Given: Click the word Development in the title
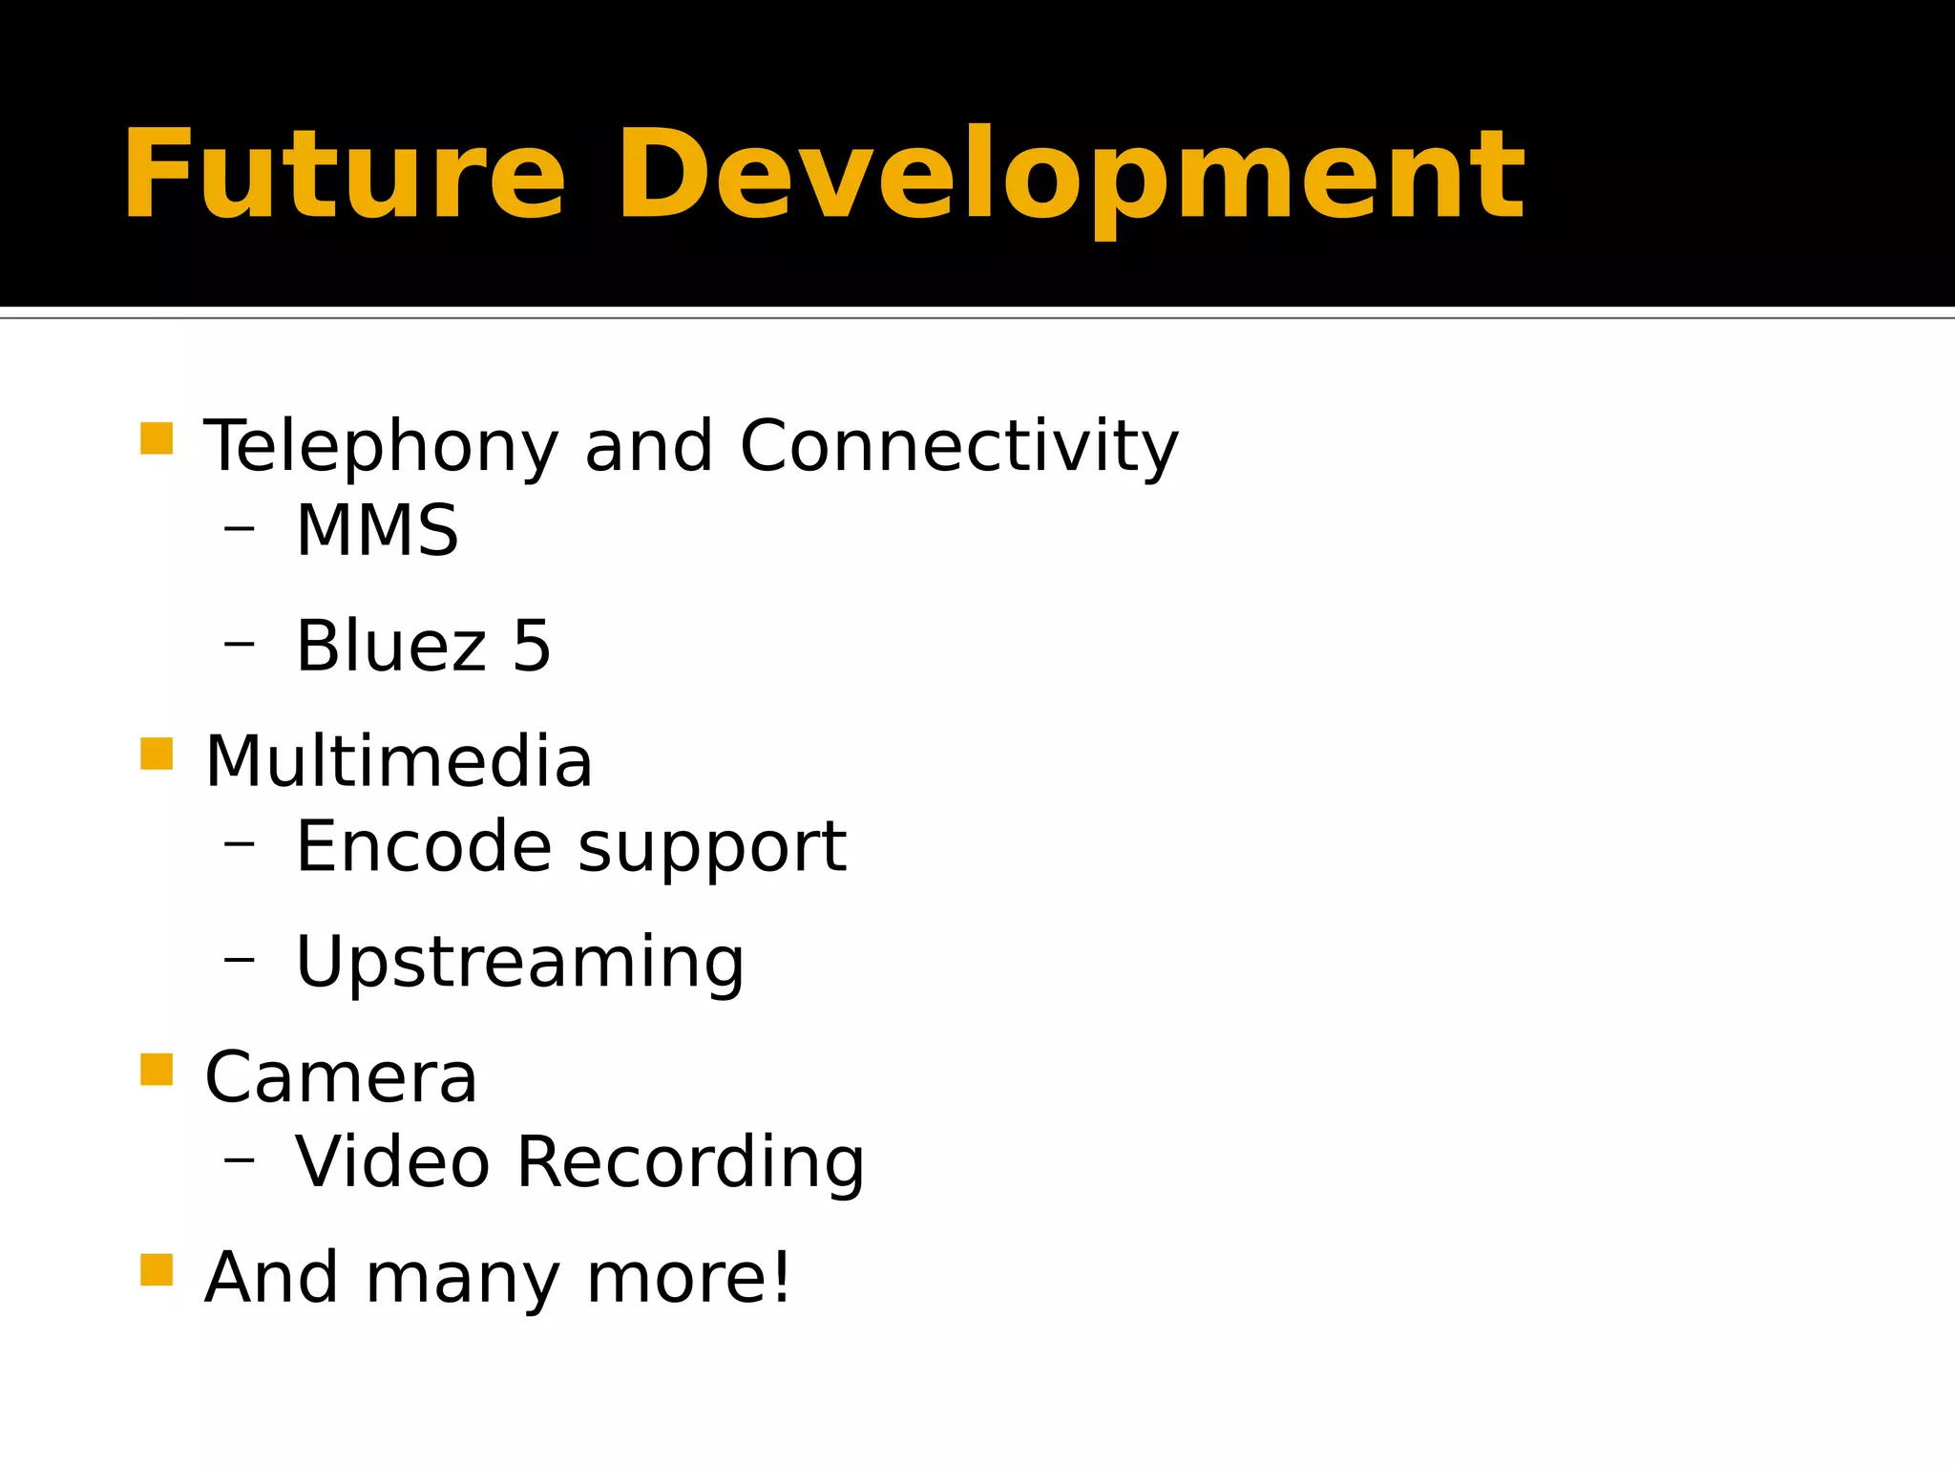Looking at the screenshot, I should click(1070, 177).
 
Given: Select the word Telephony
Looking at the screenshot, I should click(381, 446).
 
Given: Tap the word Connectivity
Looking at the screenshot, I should click(958, 446).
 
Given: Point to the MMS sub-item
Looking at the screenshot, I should click(377, 531).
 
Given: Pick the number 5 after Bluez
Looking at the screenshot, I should click(532, 647).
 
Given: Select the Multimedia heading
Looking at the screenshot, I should click(399, 762).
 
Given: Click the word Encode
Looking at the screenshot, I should click(424, 847).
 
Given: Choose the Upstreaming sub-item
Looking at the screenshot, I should click(520, 963).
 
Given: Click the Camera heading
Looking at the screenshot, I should click(341, 1078).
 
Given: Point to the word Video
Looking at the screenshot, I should click(392, 1163).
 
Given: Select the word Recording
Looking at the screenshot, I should click(690, 1163).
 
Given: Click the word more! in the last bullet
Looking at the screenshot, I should click(688, 1278).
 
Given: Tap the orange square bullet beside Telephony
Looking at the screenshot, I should click(157, 439).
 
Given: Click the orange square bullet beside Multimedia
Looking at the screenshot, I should click(157, 754).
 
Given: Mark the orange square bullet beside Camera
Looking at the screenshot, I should click(157, 1070).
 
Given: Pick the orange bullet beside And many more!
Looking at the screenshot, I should click(157, 1270).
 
